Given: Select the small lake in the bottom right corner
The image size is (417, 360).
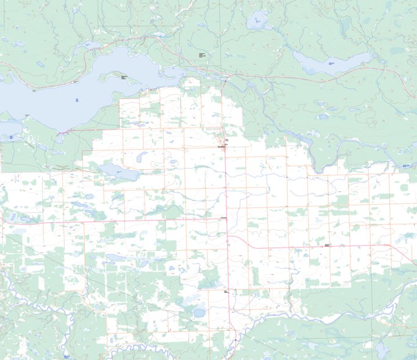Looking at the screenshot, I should [382, 349].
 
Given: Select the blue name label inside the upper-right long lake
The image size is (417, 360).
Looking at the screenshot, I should [332, 64].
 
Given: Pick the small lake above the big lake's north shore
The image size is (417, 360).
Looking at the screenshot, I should [87, 45].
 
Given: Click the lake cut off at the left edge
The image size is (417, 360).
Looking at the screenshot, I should [9, 128].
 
